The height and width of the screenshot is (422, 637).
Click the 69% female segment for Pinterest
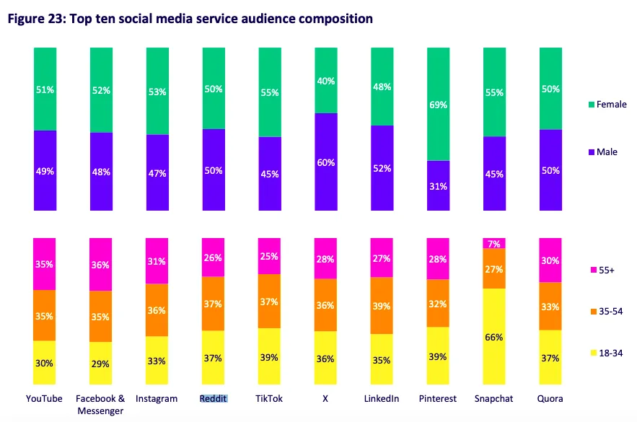tap(438, 104)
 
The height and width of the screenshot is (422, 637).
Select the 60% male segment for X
tap(325, 162)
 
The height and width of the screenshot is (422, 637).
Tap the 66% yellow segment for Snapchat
tap(494, 337)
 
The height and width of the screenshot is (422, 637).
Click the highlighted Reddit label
tap(214, 398)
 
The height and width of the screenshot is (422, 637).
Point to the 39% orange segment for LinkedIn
tap(382, 306)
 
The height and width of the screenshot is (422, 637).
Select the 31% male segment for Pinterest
tap(438, 185)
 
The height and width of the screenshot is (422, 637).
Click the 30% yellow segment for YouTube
tap(45, 363)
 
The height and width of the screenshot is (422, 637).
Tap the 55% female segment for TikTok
tap(269, 92)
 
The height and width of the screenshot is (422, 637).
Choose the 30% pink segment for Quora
tap(550, 260)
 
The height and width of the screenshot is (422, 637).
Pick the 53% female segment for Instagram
tap(157, 91)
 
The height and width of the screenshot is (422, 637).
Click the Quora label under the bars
tap(550, 398)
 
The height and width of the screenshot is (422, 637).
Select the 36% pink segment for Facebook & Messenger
tap(100, 264)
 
